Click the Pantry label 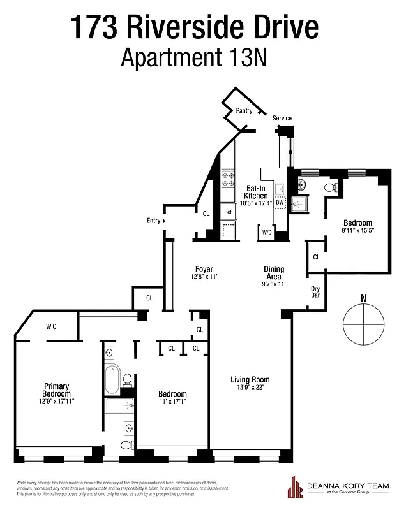244,111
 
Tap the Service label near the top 282,119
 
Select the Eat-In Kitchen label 256,192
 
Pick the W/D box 266,233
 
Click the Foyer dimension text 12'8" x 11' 204,277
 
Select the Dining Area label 274,273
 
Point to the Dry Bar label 315,292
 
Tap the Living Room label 250,380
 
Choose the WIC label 52,326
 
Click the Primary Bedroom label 57,390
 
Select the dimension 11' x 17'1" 173,402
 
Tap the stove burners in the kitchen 228,180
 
